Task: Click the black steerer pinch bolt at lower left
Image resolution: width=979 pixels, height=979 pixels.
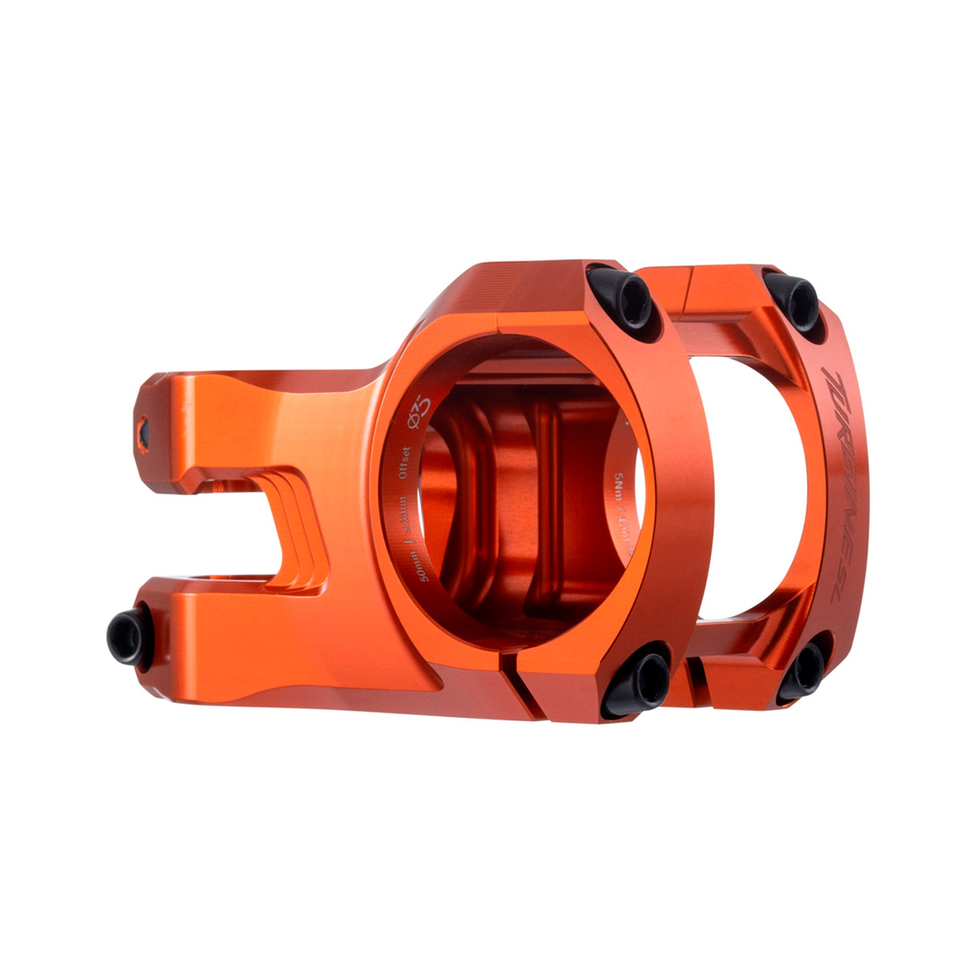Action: tap(127, 637)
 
